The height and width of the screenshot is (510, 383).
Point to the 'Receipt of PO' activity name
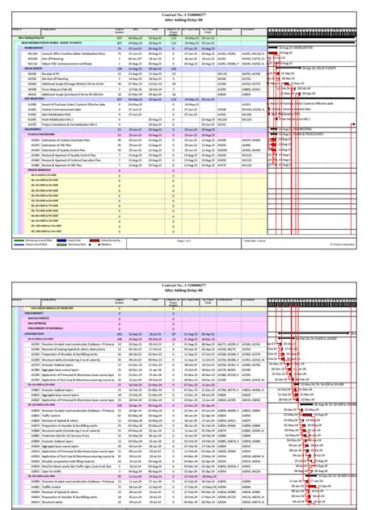[x=44, y=74]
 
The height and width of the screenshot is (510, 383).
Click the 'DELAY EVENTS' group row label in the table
[x=32, y=69]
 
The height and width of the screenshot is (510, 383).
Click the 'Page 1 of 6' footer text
[x=191, y=240]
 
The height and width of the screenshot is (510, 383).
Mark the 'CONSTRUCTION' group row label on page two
[x=32, y=332]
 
